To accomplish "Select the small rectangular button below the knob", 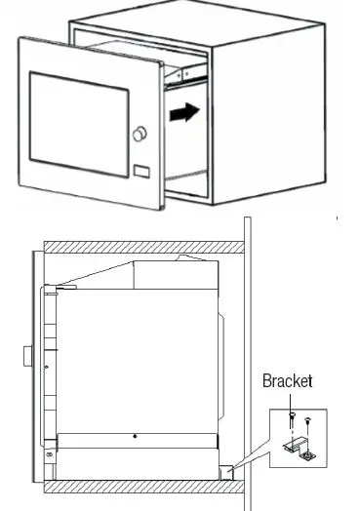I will (x=141, y=174).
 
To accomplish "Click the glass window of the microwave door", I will (x=79, y=118).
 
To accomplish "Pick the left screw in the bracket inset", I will (x=292, y=417).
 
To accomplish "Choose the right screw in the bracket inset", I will (x=309, y=421).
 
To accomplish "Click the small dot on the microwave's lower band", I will (x=135, y=429).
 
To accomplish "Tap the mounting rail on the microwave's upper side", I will (x=185, y=67).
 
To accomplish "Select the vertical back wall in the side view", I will (x=250, y=371).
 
